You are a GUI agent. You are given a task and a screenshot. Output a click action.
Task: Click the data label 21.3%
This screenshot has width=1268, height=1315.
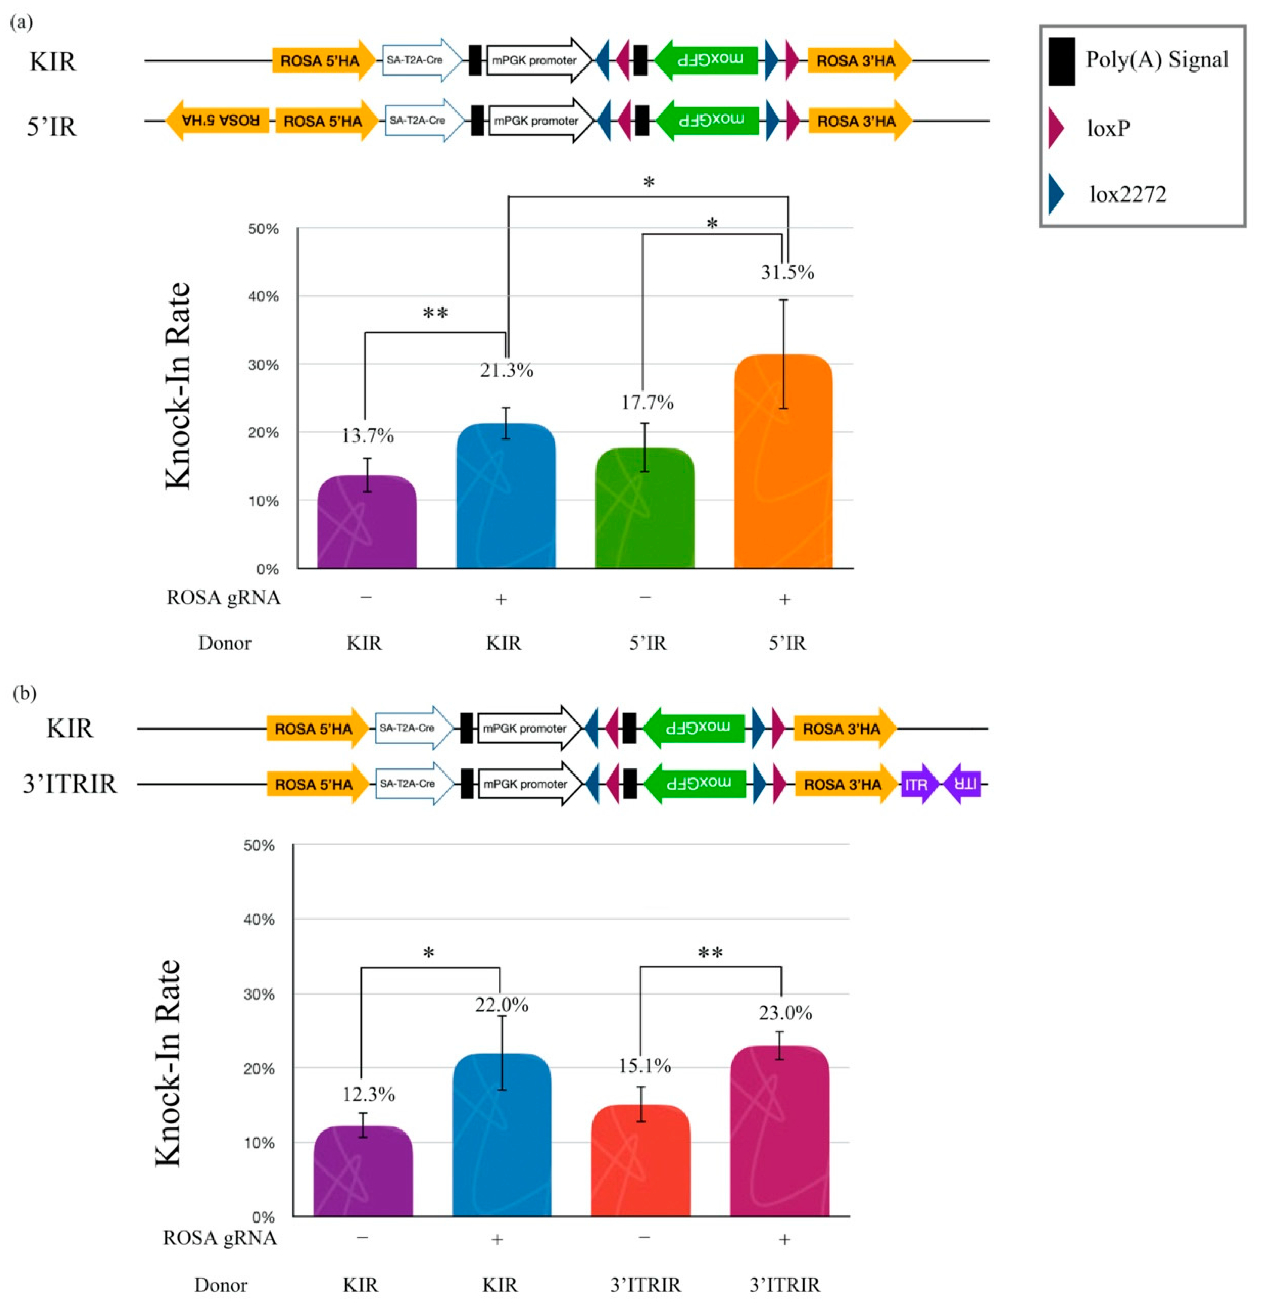[506, 370]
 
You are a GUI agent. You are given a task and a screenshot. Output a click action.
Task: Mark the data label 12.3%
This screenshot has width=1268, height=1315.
[368, 1094]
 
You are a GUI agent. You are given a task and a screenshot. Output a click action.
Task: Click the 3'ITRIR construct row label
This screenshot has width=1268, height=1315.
[70, 783]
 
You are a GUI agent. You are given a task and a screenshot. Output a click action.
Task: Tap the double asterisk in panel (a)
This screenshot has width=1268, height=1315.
[435, 313]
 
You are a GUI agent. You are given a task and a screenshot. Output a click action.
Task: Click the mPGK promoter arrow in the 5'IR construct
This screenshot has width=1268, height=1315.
[540, 121]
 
